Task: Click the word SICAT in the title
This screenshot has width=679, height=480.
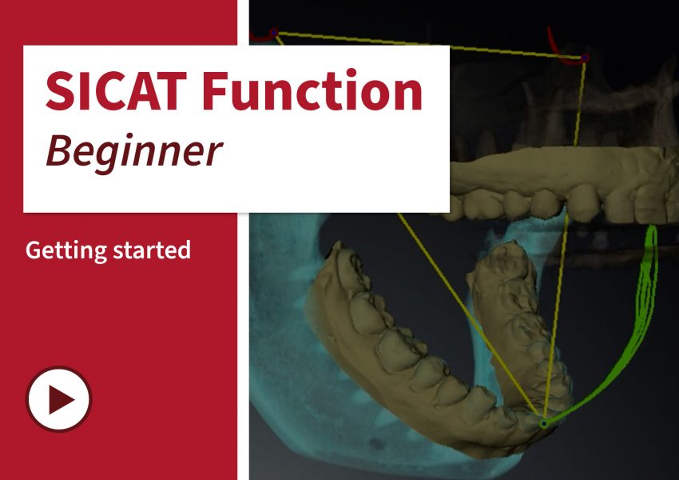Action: [x=117, y=91]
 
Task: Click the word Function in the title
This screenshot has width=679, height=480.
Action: [x=312, y=90]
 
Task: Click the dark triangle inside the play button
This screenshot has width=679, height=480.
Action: [x=61, y=399]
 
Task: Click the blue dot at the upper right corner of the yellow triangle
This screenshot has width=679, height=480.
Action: [x=585, y=58]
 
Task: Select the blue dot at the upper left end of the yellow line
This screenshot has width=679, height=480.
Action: [x=274, y=32]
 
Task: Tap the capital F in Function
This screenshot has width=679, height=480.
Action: [x=215, y=91]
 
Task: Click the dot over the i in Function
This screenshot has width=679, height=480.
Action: [x=351, y=72]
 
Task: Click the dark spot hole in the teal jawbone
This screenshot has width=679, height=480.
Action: [x=377, y=443]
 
